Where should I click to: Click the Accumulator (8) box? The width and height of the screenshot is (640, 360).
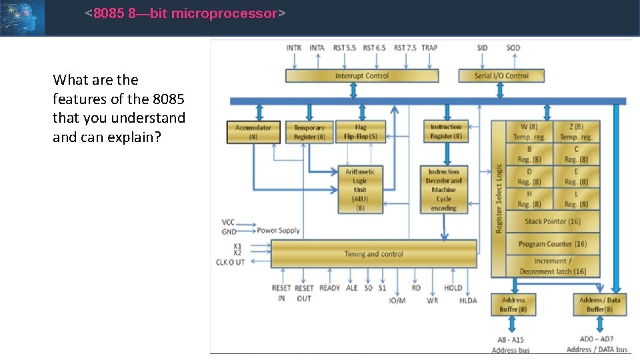coord(253,132)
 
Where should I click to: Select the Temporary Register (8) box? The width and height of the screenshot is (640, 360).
coord(309,132)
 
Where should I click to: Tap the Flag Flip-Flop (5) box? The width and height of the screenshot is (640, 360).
coord(360,132)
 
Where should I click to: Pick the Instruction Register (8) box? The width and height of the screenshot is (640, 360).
coord(445,131)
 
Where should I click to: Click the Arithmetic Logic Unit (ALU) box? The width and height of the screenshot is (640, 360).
coord(360,190)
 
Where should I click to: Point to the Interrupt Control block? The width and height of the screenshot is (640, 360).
coord(362,76)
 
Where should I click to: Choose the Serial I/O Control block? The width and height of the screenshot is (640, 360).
coord(501,76)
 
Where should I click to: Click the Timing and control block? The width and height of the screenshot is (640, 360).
coord(373,254)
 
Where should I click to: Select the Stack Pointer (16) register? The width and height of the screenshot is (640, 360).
coord(553,221)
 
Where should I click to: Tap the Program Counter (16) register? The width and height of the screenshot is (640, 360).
coord(553,244)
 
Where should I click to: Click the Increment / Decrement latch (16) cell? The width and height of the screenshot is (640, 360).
coord(553,266)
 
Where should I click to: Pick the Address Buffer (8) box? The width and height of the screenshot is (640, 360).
coord(513,305)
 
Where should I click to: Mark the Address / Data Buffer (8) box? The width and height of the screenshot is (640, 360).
coord(599,305)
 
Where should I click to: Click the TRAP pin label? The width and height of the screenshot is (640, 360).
coord(430,47)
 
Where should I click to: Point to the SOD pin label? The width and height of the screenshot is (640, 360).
coord(513,47)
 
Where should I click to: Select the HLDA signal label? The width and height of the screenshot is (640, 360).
coord(468,301)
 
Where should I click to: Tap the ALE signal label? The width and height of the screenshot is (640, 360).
coord(352,288)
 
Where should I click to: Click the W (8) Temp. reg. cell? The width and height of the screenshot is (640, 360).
coord(529,131)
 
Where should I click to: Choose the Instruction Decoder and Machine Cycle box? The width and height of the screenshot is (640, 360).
coord(444,190)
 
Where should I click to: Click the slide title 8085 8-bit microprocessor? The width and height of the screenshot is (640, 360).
coord(185,13)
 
